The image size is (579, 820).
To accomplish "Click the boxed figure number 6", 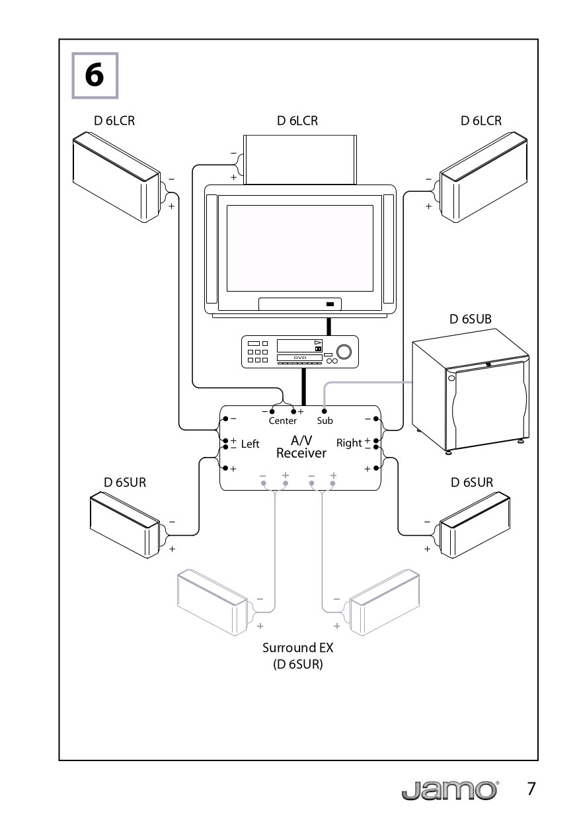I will point(95,76).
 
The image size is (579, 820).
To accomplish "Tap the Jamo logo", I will point(449,790).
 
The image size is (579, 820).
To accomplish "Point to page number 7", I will point(531,789).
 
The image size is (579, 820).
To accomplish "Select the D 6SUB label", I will point(470,319).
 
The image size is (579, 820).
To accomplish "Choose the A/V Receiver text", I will point(301,447).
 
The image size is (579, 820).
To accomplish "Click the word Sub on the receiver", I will point(325,421).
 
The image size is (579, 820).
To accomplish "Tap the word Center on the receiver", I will point(282,421).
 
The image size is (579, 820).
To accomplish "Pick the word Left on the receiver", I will point(250,444).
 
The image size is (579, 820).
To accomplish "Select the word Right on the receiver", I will point(349,442).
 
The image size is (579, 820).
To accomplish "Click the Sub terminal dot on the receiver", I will point(324,411).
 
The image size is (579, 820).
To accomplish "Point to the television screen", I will point(299,248).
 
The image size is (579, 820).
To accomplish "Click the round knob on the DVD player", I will point(343,350).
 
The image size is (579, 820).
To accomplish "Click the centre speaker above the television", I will point(301,159).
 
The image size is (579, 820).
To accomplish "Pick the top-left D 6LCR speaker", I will point(116,177).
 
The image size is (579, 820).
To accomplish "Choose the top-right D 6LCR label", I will point(481,121).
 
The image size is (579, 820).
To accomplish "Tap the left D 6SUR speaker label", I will point(124,482).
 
